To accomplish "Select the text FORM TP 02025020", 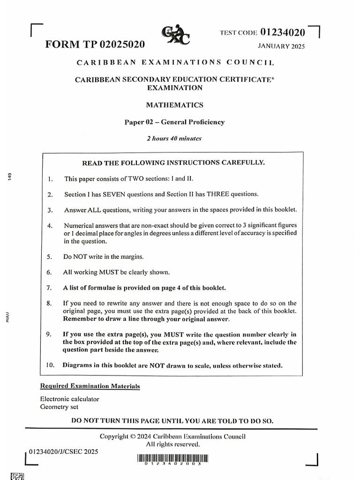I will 95,45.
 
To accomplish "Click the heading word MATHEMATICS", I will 174,105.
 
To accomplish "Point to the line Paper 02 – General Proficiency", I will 174,122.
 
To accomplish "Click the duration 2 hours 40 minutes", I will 174,138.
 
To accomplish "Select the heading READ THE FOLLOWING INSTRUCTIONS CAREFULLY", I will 173,163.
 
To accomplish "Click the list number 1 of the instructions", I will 50,179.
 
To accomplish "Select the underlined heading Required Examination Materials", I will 90,386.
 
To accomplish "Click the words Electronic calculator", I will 70,399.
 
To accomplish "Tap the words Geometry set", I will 59,407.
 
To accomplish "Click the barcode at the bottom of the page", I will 172,458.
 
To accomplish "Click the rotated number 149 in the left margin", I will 8,176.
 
